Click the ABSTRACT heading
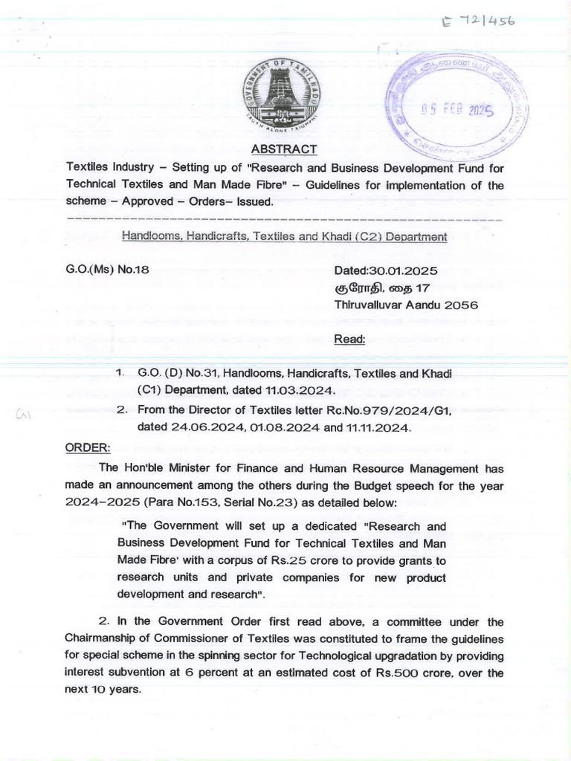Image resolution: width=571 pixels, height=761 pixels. click(x=284, y=149)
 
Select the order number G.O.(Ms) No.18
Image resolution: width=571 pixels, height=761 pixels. click(x=107, y=270)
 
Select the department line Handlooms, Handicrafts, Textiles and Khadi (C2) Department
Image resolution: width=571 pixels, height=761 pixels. click(x=284, y=236)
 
